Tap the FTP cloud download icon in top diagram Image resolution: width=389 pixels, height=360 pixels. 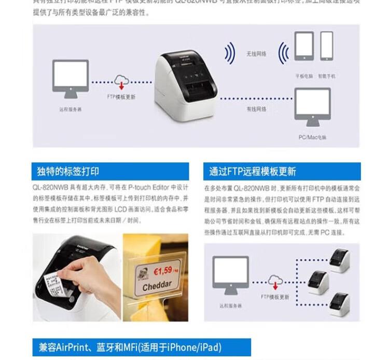point(121,82)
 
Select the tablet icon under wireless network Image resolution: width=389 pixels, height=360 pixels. point(304,46)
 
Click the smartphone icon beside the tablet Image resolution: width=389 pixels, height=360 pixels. point(327,46)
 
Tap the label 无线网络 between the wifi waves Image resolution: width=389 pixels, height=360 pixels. point(256,53)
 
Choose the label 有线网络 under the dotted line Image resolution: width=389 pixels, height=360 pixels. point(256,109)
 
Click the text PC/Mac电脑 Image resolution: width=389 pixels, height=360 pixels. point(312,137)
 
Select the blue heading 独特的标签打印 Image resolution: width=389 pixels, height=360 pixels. point(68,171)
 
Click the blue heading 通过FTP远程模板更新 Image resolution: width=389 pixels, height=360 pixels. point(253,171)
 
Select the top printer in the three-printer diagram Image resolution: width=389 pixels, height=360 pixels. point(340,259)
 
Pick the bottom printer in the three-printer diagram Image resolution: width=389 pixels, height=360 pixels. point(340,303)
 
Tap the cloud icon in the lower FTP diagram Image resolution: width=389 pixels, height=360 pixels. point(275,281)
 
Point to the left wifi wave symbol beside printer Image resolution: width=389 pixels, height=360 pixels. point(229,53)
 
